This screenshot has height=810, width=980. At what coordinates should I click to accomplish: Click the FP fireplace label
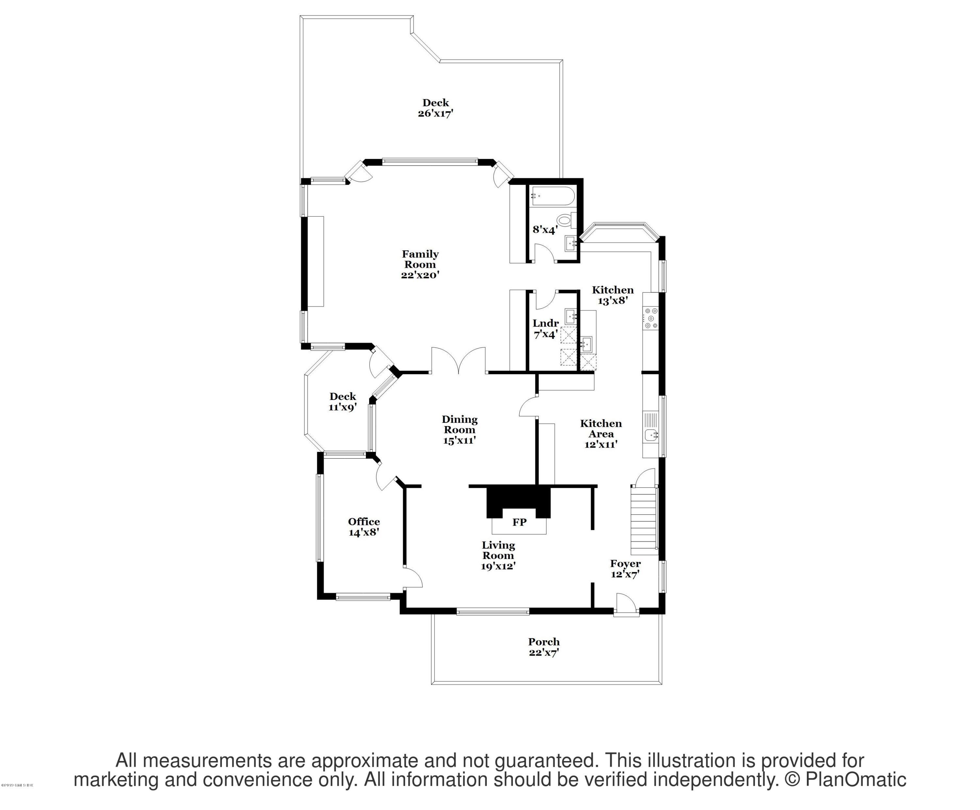tap(519, 522)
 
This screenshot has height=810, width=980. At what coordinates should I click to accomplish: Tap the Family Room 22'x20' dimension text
tap(420, 275)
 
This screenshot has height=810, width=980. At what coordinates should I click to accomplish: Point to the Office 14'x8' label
tap(364, 527)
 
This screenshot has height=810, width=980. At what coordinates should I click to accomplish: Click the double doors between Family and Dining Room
tap(459, 361)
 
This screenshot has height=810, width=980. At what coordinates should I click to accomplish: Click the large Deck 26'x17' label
tap(435, 108)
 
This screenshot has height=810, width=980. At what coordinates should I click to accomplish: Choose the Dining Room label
tap(460, 425)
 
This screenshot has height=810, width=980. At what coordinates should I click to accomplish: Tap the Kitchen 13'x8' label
tap(613, 295)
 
